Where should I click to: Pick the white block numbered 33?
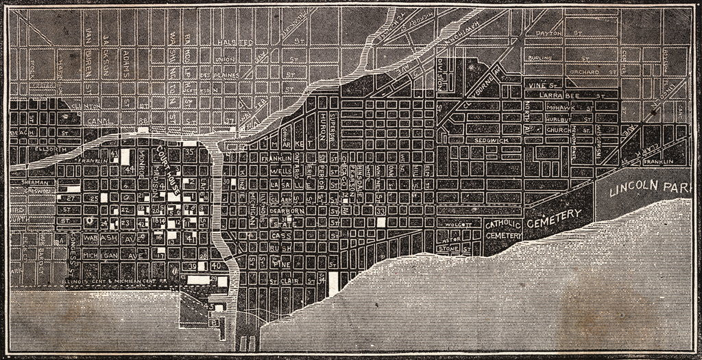click(x=380, y=212)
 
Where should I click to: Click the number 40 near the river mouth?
click(x=217, y=265)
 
